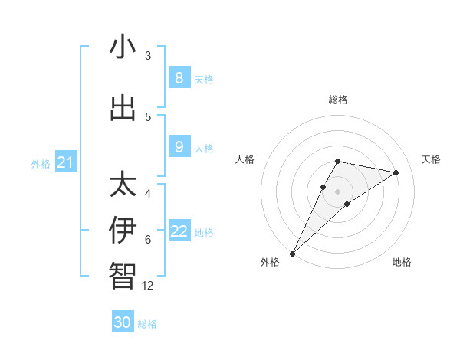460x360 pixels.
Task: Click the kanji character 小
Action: (123, 47)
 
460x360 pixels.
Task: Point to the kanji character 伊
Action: (123, 231)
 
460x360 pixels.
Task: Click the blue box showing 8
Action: (179, 78)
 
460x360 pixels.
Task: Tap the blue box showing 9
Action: (179, 147)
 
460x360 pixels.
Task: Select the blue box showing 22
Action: (179, 232)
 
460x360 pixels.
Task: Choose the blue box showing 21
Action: (66, 162)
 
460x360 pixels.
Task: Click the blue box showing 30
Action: (123, 322)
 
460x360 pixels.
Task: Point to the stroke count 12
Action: (148, 286)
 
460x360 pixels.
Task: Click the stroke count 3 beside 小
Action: (148, 56)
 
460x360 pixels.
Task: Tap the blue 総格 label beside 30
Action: (147, 324)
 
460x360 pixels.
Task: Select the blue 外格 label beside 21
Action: (41, 163)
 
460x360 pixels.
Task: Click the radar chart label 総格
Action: (338, 100)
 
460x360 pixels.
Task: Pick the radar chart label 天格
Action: (431, 159)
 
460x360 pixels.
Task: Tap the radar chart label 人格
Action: (245, 159)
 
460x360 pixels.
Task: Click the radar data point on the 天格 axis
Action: (396, 172)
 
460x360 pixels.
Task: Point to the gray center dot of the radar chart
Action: (338, 191)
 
